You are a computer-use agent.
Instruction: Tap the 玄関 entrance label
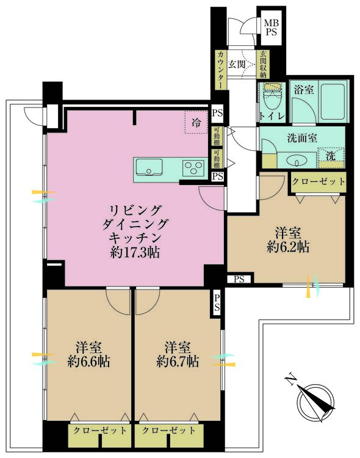[237, 64]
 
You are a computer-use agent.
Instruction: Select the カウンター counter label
[219, 70]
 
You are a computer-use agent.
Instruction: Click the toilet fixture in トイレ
[270, 95]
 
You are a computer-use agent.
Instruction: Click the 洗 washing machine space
[330, 156]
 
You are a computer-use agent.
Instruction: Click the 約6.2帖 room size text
[287, 247]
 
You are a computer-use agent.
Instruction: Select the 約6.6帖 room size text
[88, 361]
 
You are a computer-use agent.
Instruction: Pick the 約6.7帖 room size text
[177, 361]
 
